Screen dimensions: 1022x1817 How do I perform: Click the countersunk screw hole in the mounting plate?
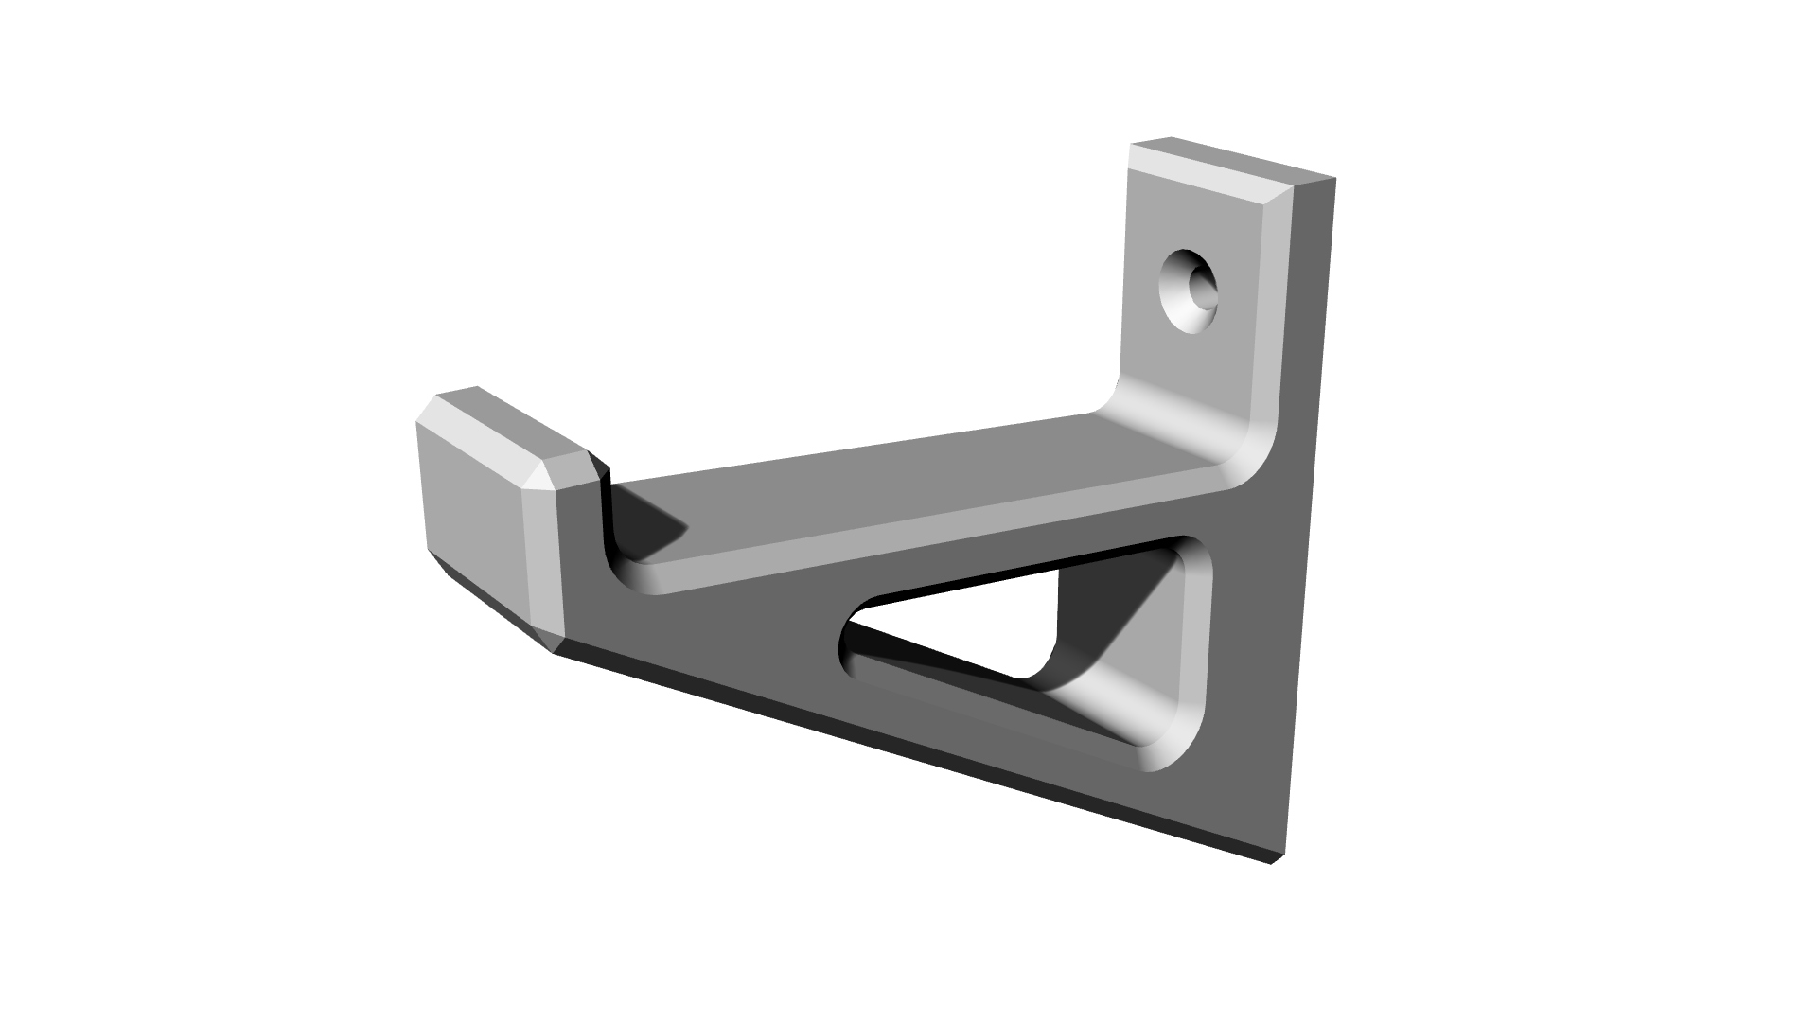point(1191,291)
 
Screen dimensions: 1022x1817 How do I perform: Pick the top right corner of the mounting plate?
point(1332,179)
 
